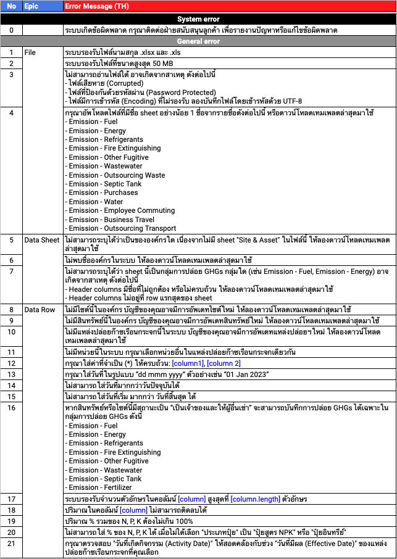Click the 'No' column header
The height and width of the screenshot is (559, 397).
click(11, 6)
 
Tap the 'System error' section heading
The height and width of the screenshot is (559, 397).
click(198, 19)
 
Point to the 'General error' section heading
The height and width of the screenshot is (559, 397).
click(198, 41)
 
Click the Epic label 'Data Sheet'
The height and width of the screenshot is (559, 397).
click(42, 240)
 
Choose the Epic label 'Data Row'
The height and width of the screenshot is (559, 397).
click(40, 309)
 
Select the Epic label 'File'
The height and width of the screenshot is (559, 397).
click(30, 52)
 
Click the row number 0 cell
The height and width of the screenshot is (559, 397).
click(11, 30)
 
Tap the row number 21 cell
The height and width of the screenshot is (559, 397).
click(11, 544)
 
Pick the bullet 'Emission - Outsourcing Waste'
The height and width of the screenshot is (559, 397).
click(117, 175)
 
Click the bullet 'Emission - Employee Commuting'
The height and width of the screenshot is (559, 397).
click(122, 210)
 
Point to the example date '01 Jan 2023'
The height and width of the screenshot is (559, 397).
click(246, 374)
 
